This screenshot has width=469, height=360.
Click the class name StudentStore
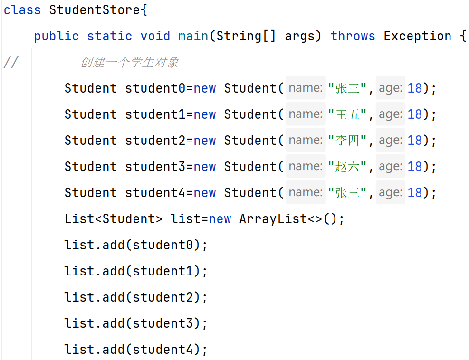coord(95,10)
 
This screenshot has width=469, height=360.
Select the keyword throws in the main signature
coord(353,36)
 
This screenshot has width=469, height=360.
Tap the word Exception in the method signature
coord(417,36)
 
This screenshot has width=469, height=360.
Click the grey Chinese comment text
coord(129,62)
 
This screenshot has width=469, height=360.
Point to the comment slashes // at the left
coord(10,62)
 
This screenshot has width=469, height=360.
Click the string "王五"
coord(347,114)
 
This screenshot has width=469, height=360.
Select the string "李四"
coord(347,141)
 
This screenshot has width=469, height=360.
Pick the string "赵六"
coord(347,167)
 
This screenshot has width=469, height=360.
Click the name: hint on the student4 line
coord(306,192)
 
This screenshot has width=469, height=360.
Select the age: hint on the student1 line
coord(391,114)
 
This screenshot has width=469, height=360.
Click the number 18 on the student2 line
coord(415,141)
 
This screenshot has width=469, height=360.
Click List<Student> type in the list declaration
coord(113,219)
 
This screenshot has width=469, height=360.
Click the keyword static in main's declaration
coord(109,36)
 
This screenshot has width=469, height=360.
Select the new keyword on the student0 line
coord(205,88)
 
